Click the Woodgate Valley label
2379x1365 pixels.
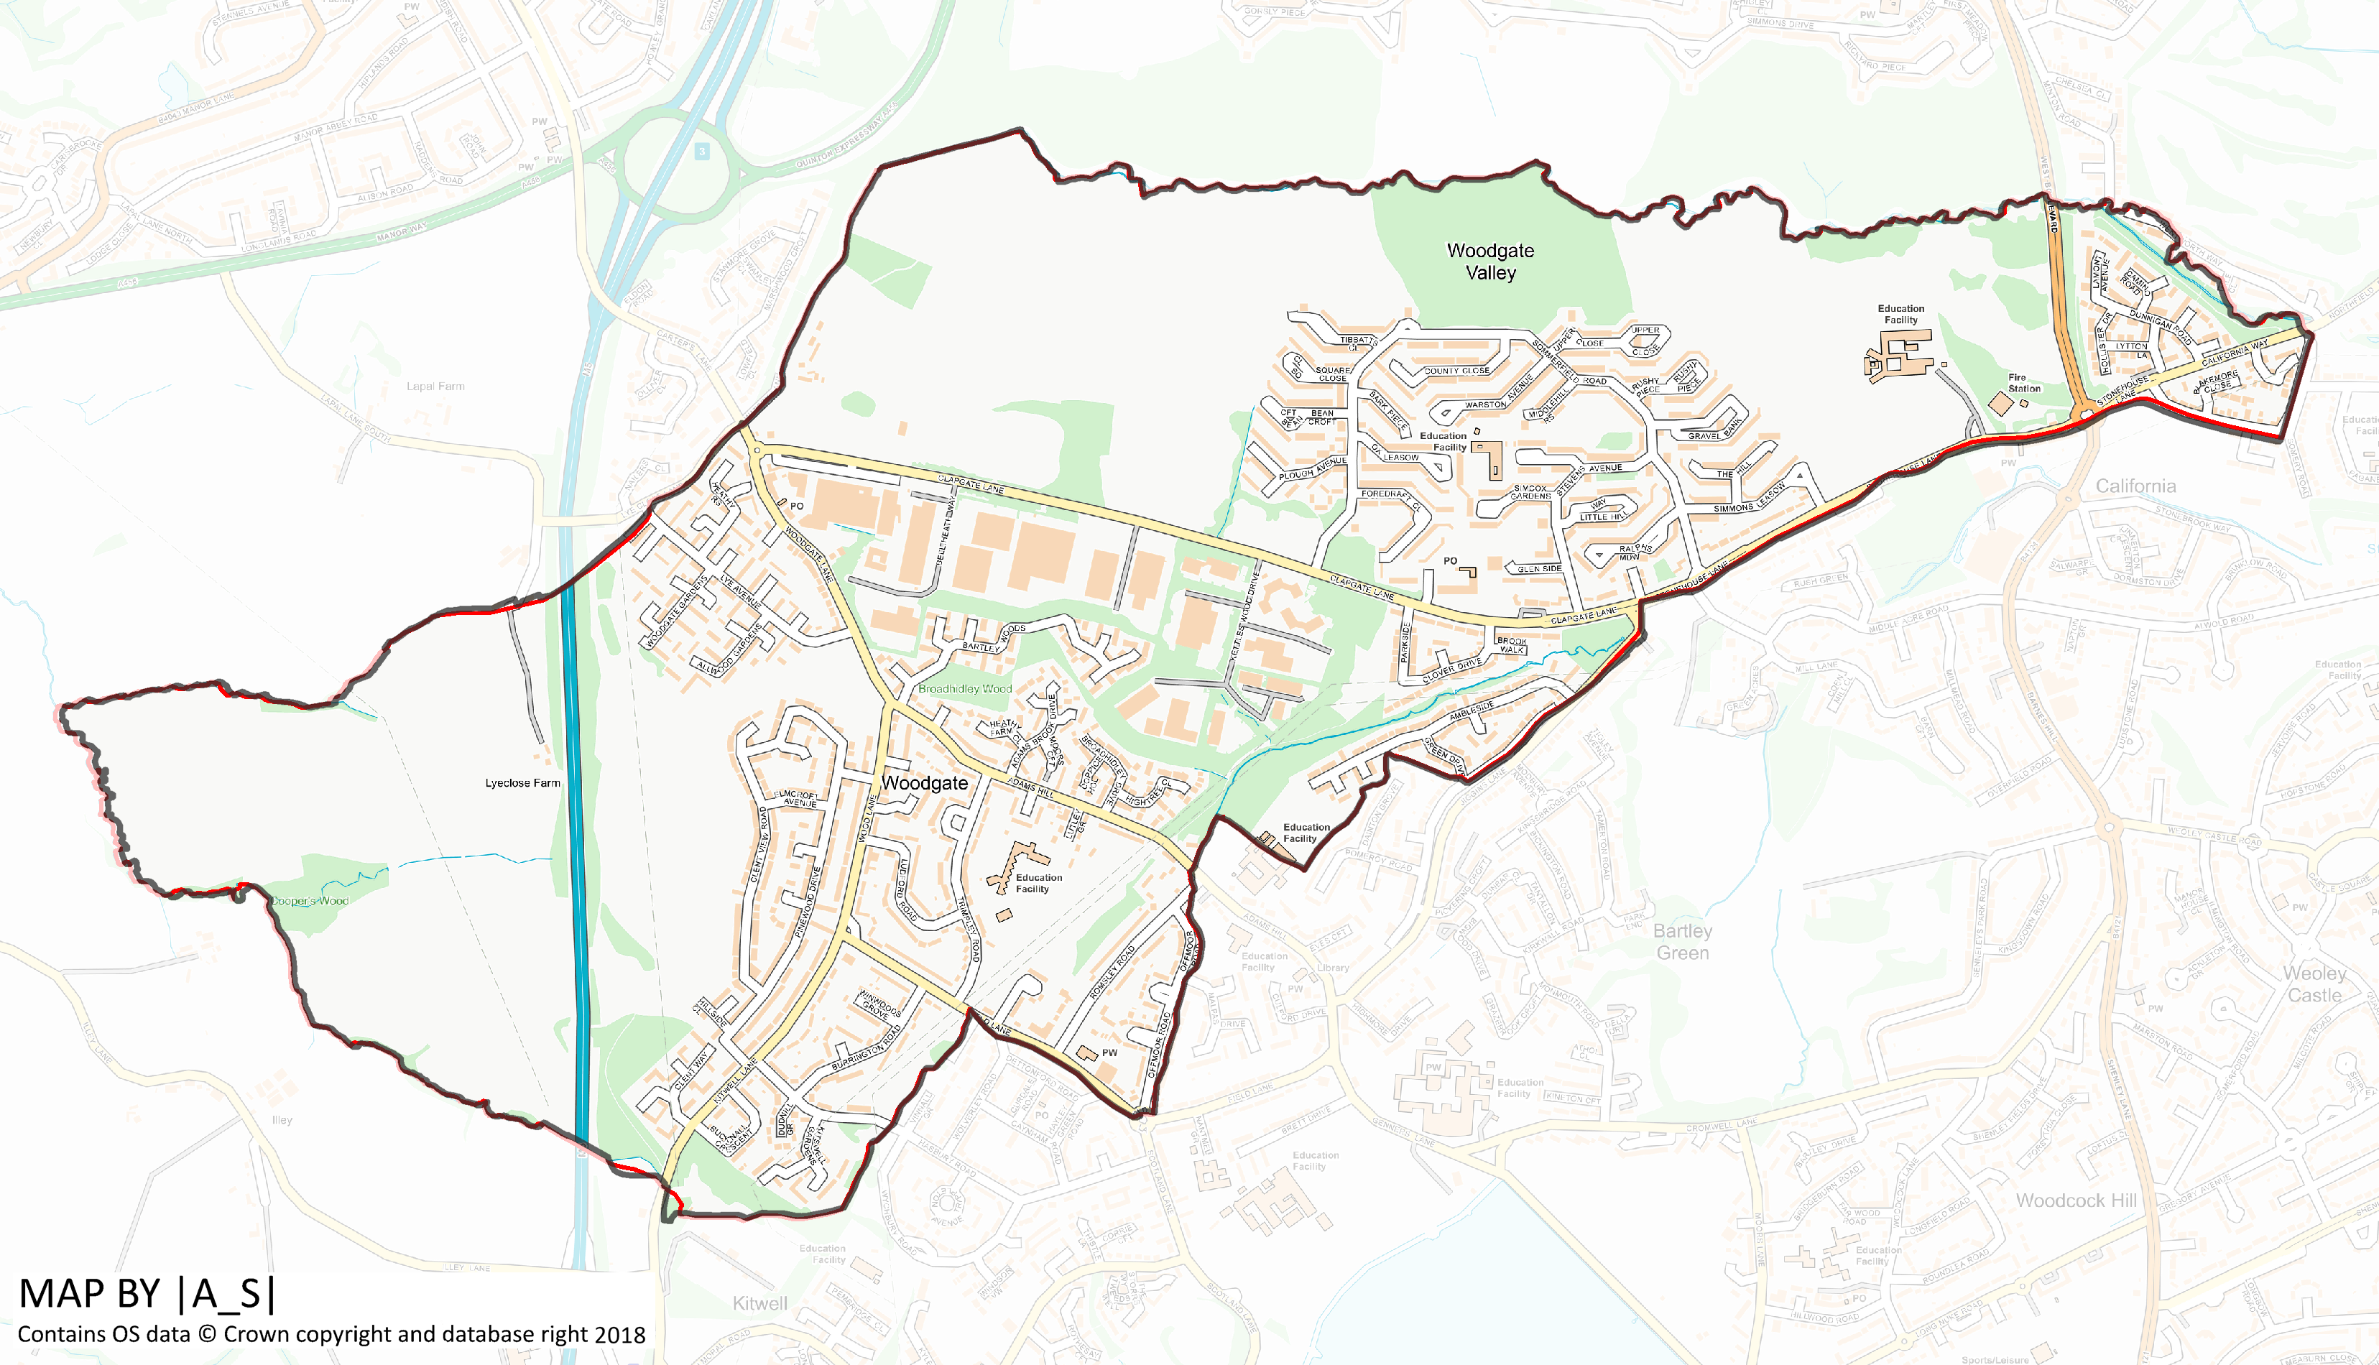(x=1490, y=262)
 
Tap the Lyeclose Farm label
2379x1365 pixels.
(x=522, y=783)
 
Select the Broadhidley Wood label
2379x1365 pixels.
(x=964, y=688)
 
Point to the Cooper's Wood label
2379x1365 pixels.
(x=310, y=901)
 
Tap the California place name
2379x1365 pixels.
(x=2135, y=486)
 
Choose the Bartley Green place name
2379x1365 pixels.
(x=1683, y=941)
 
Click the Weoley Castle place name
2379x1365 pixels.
(x=2314, y=984)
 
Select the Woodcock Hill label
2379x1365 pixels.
(x=2077, y=1200)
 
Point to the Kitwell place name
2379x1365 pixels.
(x=759, y=1303)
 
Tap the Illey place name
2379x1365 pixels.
(x=282, y=1119)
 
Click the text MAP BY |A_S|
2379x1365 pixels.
(x=147, y=1293)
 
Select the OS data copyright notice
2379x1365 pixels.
(x=332, y=1334)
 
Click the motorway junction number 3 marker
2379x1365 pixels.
(x=701, y=151)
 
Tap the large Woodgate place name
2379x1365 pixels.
(x=924, y=783)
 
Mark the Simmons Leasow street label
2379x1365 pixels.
(x=1749, y=500)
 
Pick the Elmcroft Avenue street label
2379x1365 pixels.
(x=796, y=799)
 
